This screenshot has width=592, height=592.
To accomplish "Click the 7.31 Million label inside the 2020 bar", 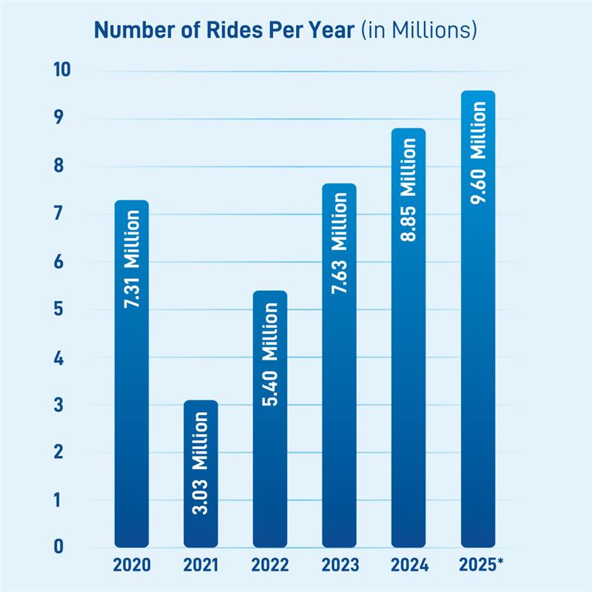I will point(132,259).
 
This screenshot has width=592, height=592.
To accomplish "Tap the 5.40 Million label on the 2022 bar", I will point(270,355).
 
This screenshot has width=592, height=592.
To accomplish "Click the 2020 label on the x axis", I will point(132,566).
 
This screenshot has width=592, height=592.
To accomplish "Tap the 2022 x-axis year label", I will point(270,566).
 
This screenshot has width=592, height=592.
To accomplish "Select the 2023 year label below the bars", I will point(339,566).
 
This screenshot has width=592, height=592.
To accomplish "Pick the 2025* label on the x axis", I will point(480,566).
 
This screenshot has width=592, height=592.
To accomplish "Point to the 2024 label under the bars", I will point(408,566).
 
